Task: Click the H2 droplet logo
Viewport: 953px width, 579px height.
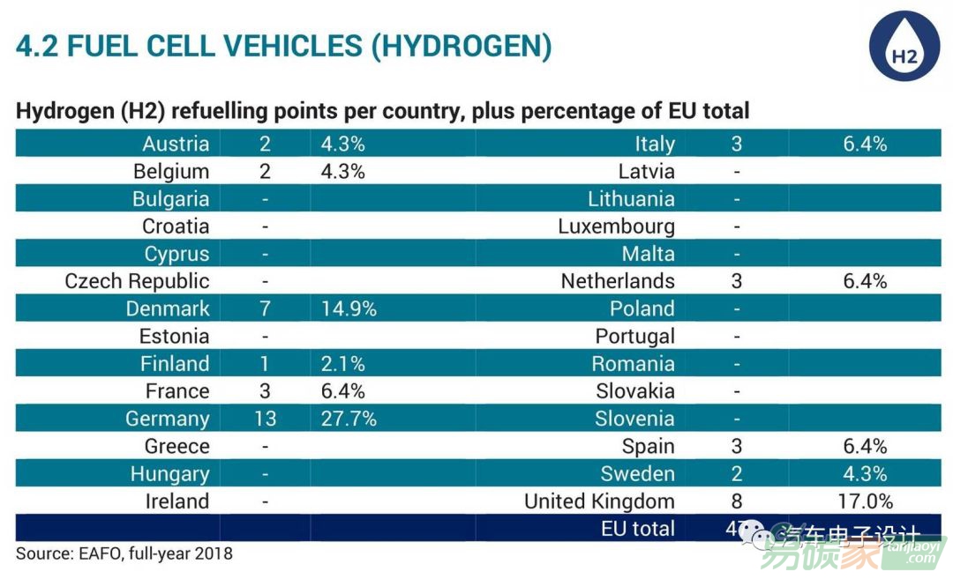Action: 904,47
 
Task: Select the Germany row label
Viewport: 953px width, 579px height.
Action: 168,419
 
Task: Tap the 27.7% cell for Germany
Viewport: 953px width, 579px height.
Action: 349,419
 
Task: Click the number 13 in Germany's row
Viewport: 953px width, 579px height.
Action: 265,419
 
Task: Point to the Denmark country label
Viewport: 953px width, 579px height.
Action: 168,308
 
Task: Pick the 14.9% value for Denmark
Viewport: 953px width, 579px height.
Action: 349,308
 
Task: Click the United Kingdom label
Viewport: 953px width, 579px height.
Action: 599,501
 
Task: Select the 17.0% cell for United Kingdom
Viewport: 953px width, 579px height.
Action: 865,501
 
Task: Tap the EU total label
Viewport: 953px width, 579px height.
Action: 638,529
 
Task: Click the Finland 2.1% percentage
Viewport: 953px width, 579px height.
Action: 343,363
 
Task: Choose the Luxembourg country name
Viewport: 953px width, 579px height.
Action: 616,226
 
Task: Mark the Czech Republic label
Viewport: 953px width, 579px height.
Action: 137,281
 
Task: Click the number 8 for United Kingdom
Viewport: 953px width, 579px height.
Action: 737,501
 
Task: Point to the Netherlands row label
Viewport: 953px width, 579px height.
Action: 618,281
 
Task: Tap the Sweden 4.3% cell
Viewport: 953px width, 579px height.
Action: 865,473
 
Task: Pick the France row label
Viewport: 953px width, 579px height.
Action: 177,391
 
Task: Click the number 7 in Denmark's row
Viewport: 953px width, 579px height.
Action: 265,308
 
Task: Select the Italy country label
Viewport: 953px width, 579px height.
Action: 655,144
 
